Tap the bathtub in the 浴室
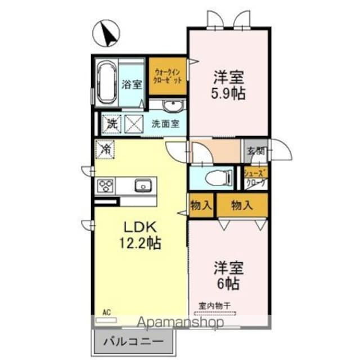click(x=106, y=83)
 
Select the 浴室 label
click(x=132, y=84)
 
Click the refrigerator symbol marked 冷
click(x=105, y=150)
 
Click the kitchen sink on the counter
click(x=141, y=184)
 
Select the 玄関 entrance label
click(x=254, y=150)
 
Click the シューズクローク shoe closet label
click(x=255, y=178)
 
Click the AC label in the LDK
click(x=106, y=311)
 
